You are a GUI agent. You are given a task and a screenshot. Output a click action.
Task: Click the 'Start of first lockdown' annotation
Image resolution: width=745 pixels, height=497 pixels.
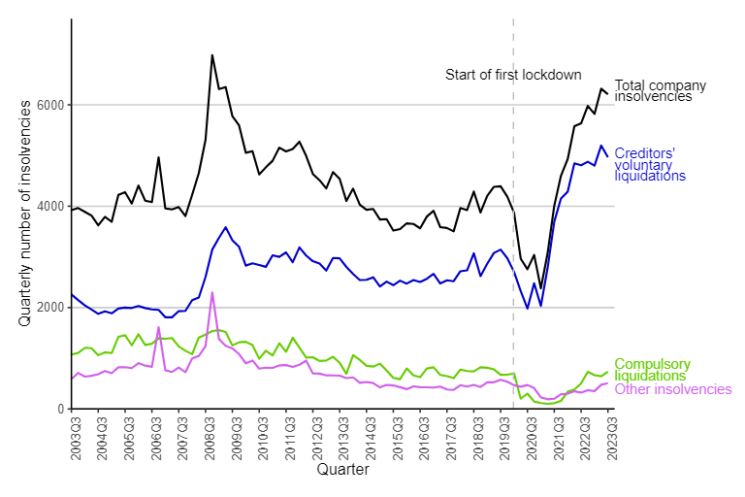[x=513, y=75]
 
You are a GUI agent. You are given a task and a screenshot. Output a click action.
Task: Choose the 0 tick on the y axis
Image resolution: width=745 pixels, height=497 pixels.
[x=60, y=409]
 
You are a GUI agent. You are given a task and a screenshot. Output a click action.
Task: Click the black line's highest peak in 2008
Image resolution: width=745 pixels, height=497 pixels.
[x=212, y=55]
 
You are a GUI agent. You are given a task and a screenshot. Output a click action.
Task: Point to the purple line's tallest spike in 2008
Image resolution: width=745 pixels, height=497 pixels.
[x=212, y=292]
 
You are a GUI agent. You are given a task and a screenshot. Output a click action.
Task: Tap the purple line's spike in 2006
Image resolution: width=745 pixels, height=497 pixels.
[x=159, y=327]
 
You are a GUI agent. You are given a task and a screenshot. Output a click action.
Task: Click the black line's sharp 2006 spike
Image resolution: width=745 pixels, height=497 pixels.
[x=159, y=157]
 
